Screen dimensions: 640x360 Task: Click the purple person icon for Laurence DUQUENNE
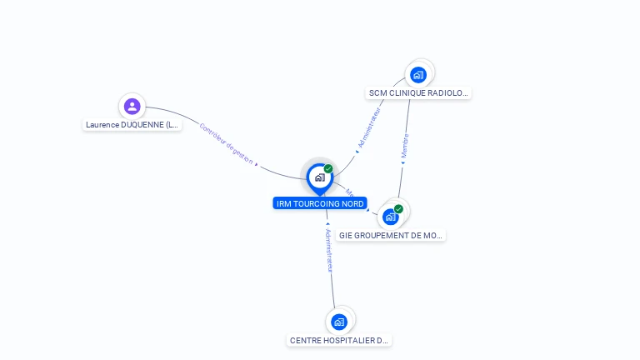(x=132, y=106)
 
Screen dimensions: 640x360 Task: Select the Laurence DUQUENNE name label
(x=132, y=125)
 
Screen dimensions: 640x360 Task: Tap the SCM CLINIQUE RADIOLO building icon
(x=418, y=74)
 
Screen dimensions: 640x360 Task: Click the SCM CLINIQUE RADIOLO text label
(x=418, y=93)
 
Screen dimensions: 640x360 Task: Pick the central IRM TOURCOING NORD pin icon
(x=319, y=177)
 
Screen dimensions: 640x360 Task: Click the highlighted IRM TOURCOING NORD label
(x=320, y=203)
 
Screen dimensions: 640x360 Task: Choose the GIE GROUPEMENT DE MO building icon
(x=390, y=217)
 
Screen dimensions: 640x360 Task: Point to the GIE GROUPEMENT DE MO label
(x=391, y=236)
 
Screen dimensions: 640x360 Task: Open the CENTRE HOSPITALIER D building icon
(x=338, y=321)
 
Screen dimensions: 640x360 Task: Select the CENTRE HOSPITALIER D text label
(x=339, y=340)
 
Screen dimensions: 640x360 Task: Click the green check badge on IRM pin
(x=328, y=168)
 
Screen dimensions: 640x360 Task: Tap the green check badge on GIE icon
(x=398, y=209)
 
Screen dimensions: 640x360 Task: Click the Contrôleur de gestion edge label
(x=226, y=143)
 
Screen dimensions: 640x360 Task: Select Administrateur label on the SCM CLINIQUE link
(x=368, y=127)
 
